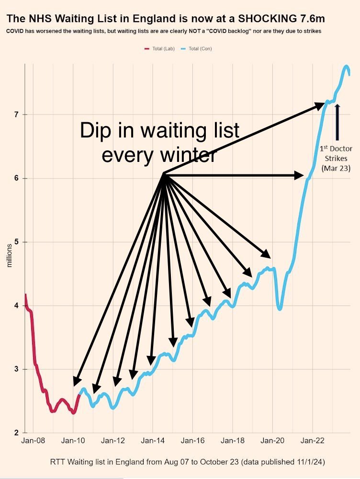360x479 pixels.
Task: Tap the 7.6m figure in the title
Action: click(x=311, y=19)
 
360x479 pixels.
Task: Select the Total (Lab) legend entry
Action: click(x=160, y=49)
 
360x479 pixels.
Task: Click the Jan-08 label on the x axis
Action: click(x=33, y=441)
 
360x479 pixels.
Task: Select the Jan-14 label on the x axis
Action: click(x=153, y=441)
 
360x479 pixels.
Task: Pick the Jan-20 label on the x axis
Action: click(x=272, y=441)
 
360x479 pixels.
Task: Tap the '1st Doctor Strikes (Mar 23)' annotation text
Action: click(x=336, y=159)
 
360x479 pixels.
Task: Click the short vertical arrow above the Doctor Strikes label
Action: click(x=337, y=122)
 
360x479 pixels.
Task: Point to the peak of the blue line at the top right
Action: click(x=347, y=66)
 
